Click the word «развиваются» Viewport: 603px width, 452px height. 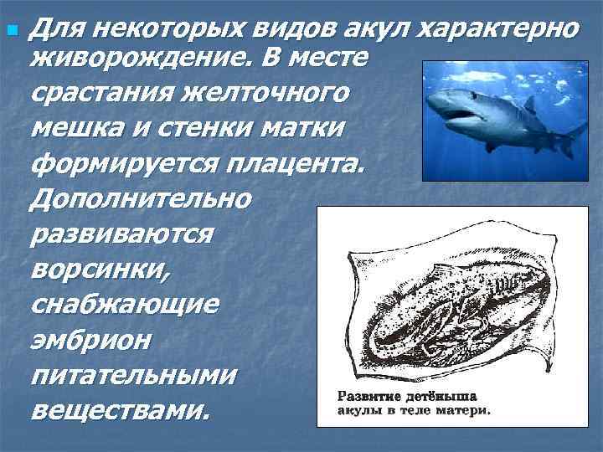[122, 234]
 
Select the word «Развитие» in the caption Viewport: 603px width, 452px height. [369, 395]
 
